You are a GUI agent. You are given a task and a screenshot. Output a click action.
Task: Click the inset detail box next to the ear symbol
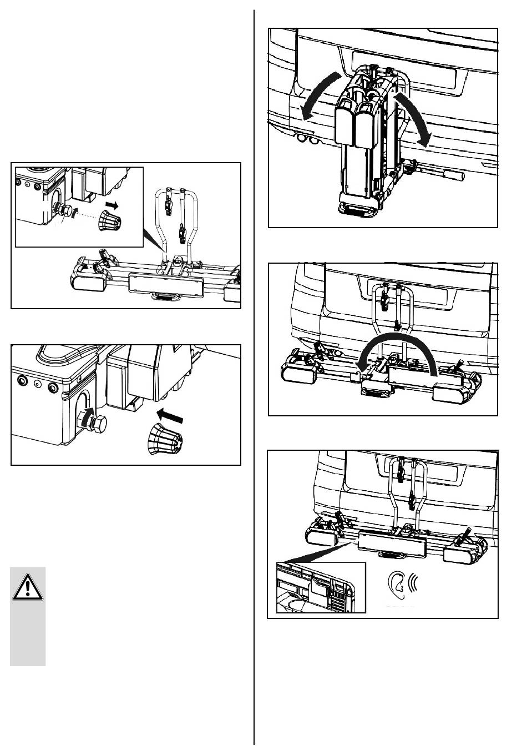tap(321, 587)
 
